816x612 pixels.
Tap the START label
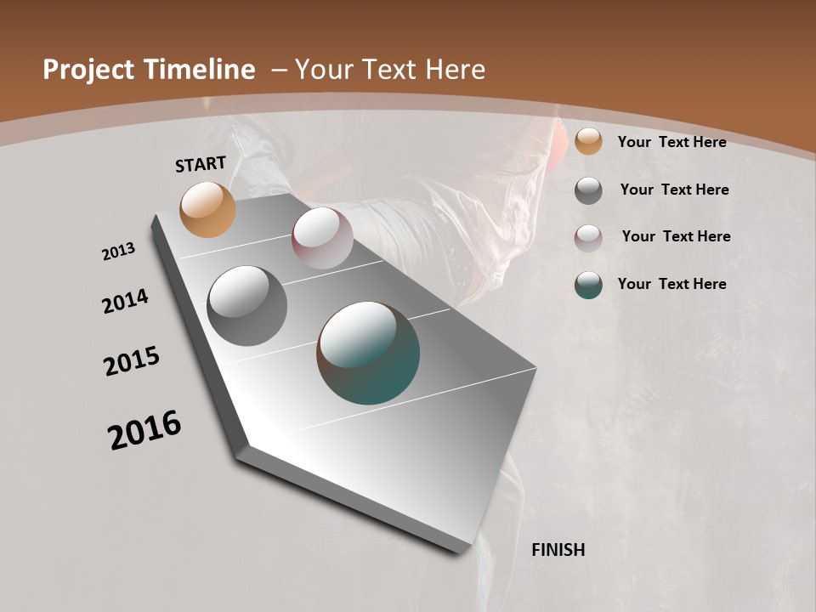[201, 164]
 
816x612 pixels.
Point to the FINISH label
[558, 550]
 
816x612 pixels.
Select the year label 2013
[119, 252]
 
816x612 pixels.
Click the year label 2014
[126, 302]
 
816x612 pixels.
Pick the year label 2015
[132, 361]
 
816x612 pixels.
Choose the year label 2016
[145, 430]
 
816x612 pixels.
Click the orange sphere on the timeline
[207, 209]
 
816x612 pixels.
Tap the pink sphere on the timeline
[322, 238]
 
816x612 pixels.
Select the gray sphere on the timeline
[246, 305]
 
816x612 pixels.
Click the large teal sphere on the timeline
[368, 353]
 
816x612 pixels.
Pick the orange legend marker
[588, 142]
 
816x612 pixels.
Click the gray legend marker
[588, 190]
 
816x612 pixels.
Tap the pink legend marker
[588, 237]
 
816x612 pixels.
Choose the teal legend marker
[588, 285]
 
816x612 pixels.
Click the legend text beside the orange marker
[671, 142]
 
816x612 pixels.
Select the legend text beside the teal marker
[671, 284]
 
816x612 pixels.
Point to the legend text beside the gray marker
[674, 190]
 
